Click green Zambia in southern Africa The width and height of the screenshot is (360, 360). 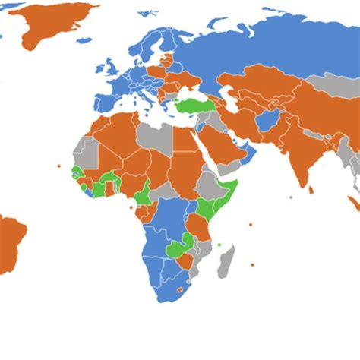(x=178, y=247)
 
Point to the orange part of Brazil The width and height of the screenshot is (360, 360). (x=11, y=239)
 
